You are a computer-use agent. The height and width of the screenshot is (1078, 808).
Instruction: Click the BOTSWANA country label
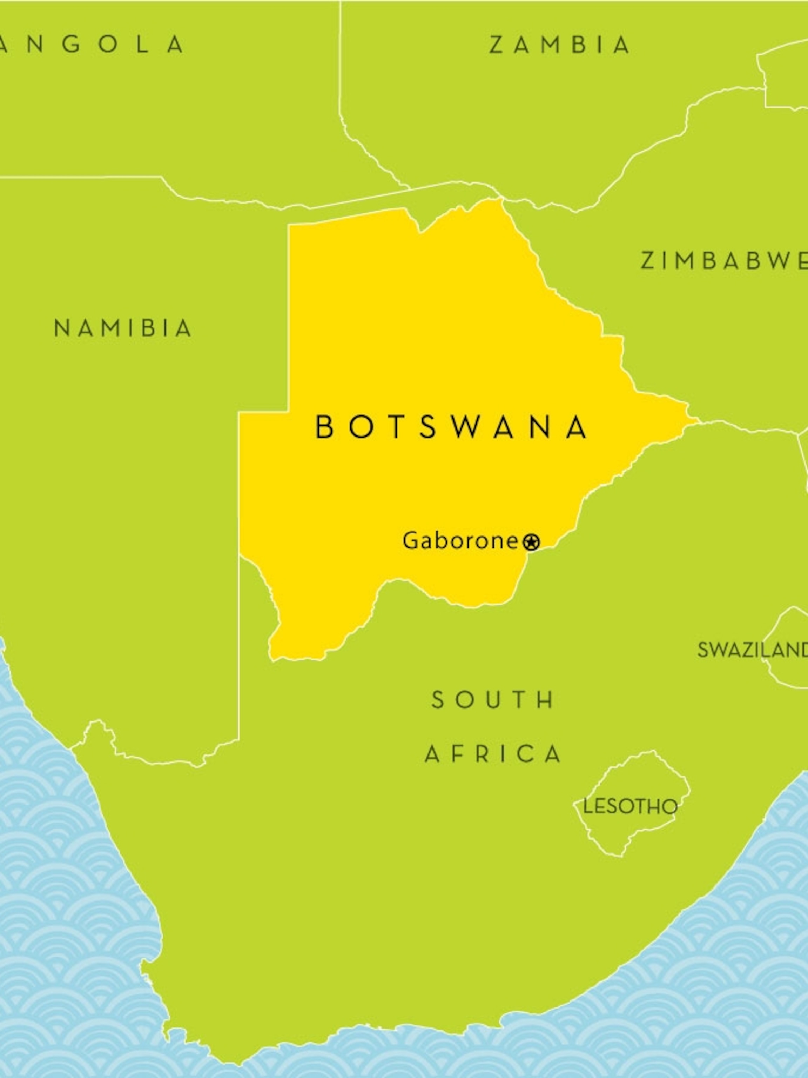[x=452, y=427]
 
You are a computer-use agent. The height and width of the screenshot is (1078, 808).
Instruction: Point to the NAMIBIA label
[x=123, y=328]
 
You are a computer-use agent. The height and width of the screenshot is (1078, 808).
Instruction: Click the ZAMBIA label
[x=559, y=45]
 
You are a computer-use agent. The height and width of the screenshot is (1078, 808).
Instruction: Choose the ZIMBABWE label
[x=723, y=261]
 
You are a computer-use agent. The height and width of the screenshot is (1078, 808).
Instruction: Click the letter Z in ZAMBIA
[x=496, y=45]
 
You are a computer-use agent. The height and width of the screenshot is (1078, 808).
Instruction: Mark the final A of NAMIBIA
[x=184, y=328]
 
